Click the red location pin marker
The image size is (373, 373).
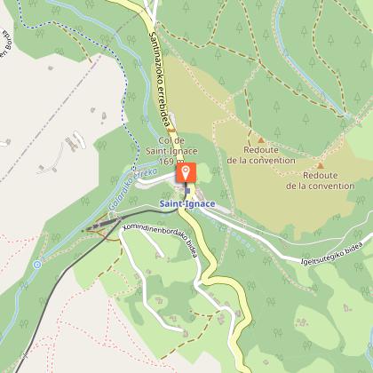pyautogui.click(x=186, y=172)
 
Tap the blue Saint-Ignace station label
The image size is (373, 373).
pyautogui.click(x=186, y=206)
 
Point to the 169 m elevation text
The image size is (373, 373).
pyautogui.click(x=175, y=162)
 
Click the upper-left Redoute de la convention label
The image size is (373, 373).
pyautogui.click(x=258, y=155)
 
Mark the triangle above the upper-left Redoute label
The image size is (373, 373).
pyautogui.click(x=260, y=140)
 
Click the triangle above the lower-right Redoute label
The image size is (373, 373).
pyautogui.click(x=320, y=165)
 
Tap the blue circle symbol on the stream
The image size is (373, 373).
pyautogui.click(x=36, y=264)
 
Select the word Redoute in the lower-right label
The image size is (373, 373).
pyautogui.click(x=318, y=175)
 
